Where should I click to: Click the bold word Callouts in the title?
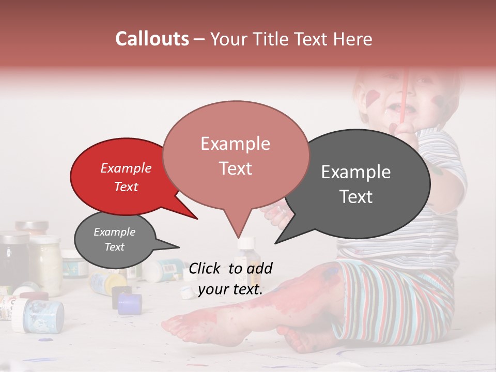click(152, 39)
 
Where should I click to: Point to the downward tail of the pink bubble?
click(238, 227)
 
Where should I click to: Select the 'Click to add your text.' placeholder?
click(230, 278)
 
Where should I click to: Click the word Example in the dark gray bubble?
click(356, 172)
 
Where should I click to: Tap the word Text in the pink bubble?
click(236, 168)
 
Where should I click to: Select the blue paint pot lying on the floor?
click(129, 304)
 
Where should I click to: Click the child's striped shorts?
click(393, 300)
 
